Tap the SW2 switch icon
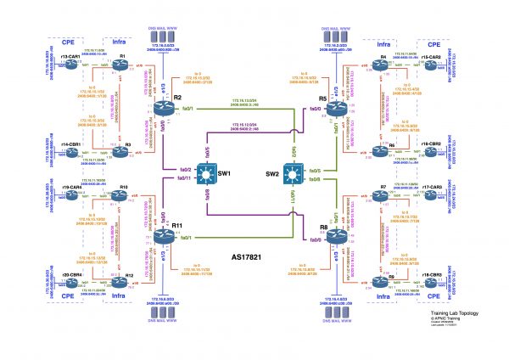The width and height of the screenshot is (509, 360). click(x=295, y=174)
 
